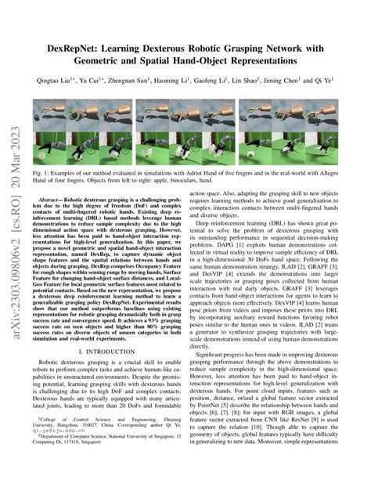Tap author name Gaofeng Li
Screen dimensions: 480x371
click(x=249, y=80)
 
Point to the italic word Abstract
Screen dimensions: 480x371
click(x=63, y=200)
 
